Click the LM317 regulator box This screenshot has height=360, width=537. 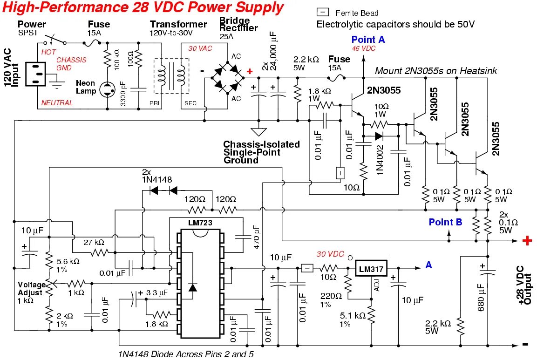[x=371, y=269]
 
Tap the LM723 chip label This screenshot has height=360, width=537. [x=200, y=223]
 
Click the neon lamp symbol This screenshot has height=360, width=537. [x=107, y=90]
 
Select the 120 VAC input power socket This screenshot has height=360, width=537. [x=35, y=74]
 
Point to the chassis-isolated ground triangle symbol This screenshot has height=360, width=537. [x=258, y=132]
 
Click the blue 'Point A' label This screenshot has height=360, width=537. [x=368, y=40]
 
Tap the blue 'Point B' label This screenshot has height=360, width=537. [x=445, y=222]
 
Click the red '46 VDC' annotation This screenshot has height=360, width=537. [x=364, y=48]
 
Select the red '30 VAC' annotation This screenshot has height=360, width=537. [x=200, y=48]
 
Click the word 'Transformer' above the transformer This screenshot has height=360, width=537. [x=178, y=24]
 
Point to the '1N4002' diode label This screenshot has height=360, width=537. [x=380, y=160]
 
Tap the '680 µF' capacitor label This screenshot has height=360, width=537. [x=481, y=297]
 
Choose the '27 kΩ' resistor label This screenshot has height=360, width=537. [x=94, y=243]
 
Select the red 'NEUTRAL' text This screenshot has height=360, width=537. [x=57, y=103]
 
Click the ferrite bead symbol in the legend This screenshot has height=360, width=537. [x=323, y=12]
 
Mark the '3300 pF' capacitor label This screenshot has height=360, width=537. [x=123, y=93]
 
